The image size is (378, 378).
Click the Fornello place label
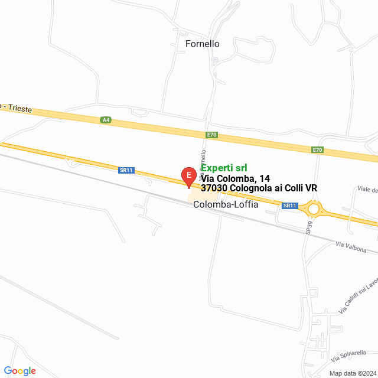pyautogui.click(x=203, y=44)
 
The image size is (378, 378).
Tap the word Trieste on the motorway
pyautogui.click(x=20, y=109)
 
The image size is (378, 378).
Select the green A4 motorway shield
pyautogui.click(x=106, y=120)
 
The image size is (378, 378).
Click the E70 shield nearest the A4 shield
pyautogui.click(x=212, y=135)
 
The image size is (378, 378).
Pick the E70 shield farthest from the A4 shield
pyautogui.click(x=318, y=150)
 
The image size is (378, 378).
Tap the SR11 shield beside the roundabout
pyautogui.click(x=289, y=206)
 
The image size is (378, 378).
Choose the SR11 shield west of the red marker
pyautogui.click(x=126, y=170)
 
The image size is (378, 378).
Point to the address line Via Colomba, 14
pyautogui.click(x=236, y=178)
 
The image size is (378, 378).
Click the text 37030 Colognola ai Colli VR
pyautogui.click(x=259, y=188)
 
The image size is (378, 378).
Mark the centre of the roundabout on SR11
pyautogui.click(x=313, y=208)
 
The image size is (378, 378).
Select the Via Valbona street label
pyautogui.click(x=356, y=247)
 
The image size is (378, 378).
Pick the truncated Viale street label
pyautogui.click(x=367, y=190)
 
